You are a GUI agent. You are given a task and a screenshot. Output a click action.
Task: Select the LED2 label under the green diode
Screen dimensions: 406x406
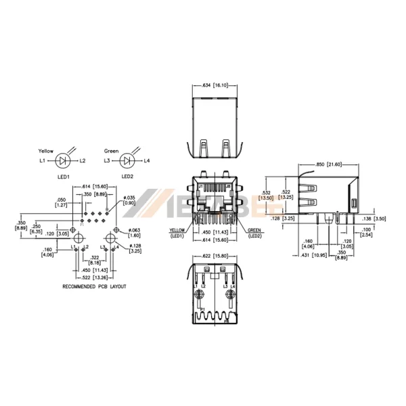[x=127, y=177]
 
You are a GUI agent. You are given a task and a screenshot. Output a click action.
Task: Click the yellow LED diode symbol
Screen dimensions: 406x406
[x=63, y=161]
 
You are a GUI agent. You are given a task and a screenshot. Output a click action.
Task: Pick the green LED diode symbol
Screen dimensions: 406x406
[x=127, y=161]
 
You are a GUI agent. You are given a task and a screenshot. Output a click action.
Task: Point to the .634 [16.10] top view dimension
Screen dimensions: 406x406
[x=214, y=86]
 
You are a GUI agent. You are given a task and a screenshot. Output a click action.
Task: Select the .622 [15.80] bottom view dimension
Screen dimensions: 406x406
[x=214, y=256]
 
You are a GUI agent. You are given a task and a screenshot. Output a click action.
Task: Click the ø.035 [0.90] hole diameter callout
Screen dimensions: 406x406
[x=128, y=200]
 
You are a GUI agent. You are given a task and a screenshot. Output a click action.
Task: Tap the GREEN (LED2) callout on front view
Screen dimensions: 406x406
[x=254, y=233]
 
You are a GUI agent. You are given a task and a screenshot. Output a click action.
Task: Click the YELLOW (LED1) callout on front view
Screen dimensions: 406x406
[x=177, y=233]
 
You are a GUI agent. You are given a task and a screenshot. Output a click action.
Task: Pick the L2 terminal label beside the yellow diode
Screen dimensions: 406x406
[x=83, y=161]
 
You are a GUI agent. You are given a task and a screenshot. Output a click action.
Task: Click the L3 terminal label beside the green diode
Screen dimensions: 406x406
[x=108, y=161]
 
